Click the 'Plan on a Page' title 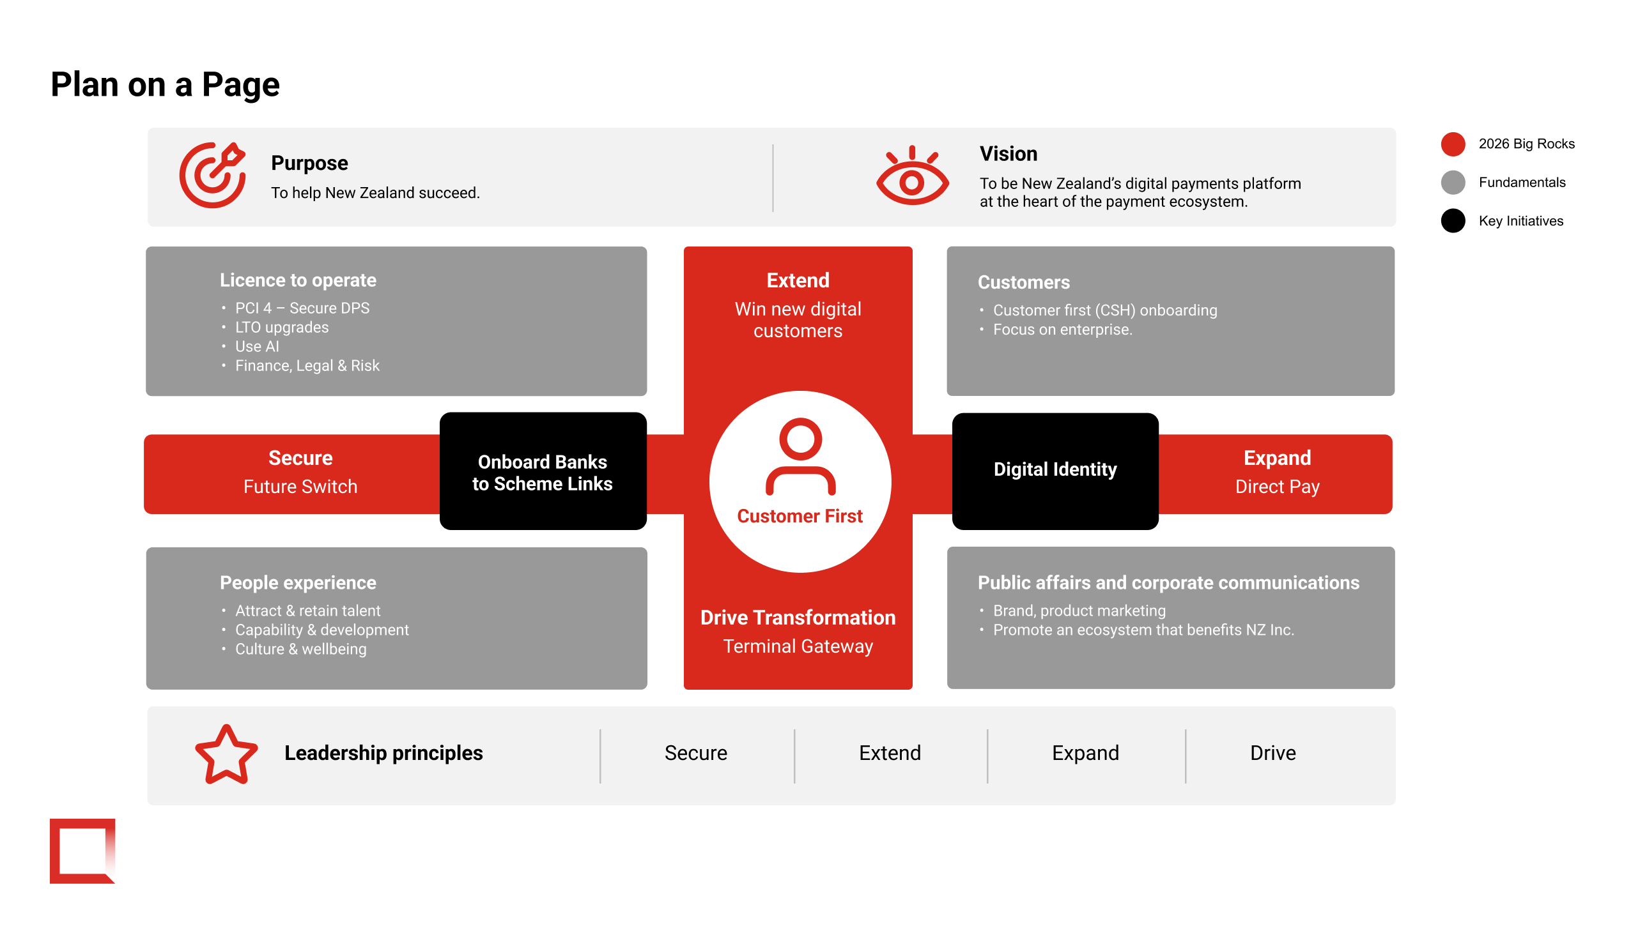[165, 85]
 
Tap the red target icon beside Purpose [212, 175]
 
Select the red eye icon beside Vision [913, 176]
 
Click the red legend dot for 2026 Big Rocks [1453, 144]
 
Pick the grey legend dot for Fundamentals [1453, 183]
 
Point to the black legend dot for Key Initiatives [1453, 221]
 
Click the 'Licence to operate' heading [298, 280]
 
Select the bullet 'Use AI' [257, 346]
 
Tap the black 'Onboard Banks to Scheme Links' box [543, 471]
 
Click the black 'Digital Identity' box [1055, 471]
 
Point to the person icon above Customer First [800, 456]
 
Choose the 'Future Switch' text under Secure [300, 487]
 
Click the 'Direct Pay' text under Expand [1277, 487]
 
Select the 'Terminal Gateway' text [798, 647]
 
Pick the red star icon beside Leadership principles [226, 755]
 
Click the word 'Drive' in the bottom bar [1272, 754]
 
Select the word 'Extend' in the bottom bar [890, 754]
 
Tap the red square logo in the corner [82, 851]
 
